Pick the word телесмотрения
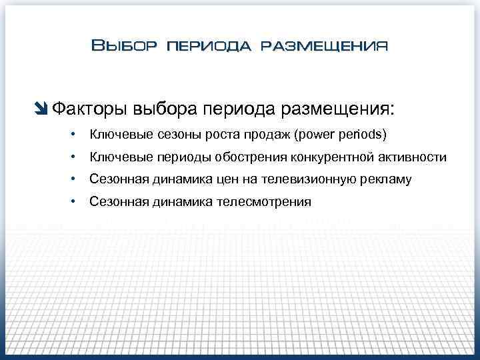(x=263, y=202)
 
